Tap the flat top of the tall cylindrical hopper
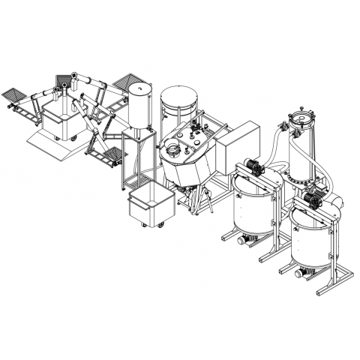point(140,87)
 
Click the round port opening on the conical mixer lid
point(172,153)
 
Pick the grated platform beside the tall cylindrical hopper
point(127,79)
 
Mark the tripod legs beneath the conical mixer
point(199,198)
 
